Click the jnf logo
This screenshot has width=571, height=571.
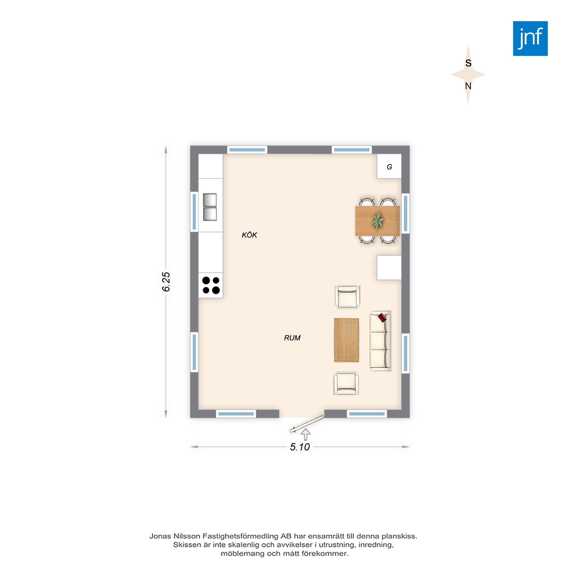click(x=530, y=39)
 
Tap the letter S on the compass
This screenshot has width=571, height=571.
click(x=469, y=63)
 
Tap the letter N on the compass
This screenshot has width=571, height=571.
click(x=468, y=86)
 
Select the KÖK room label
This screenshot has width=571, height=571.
click(x=250, y=235)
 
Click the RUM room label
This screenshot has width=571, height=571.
click(x=292, y=338)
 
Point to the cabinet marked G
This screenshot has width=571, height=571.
click(x=389, y=166)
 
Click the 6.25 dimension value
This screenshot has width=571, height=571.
click(x=166, y=282)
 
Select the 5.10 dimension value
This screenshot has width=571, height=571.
click(x=300, y=447)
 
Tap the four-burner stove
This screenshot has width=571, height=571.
click(x=211, y=285)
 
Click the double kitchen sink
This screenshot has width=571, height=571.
click(x=210, y=207)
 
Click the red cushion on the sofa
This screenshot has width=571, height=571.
click(x=382, y=318)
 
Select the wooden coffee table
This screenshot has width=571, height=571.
click(x=347, y=340)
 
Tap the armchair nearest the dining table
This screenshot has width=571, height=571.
click(x=347, y=297)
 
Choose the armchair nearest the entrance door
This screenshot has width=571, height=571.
click(x=346, y=384)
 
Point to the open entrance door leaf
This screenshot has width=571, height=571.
click(x=307, y=424)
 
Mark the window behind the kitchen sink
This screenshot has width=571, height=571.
click(x=194, y=211)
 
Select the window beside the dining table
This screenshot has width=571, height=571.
click(x=405, y=213)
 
